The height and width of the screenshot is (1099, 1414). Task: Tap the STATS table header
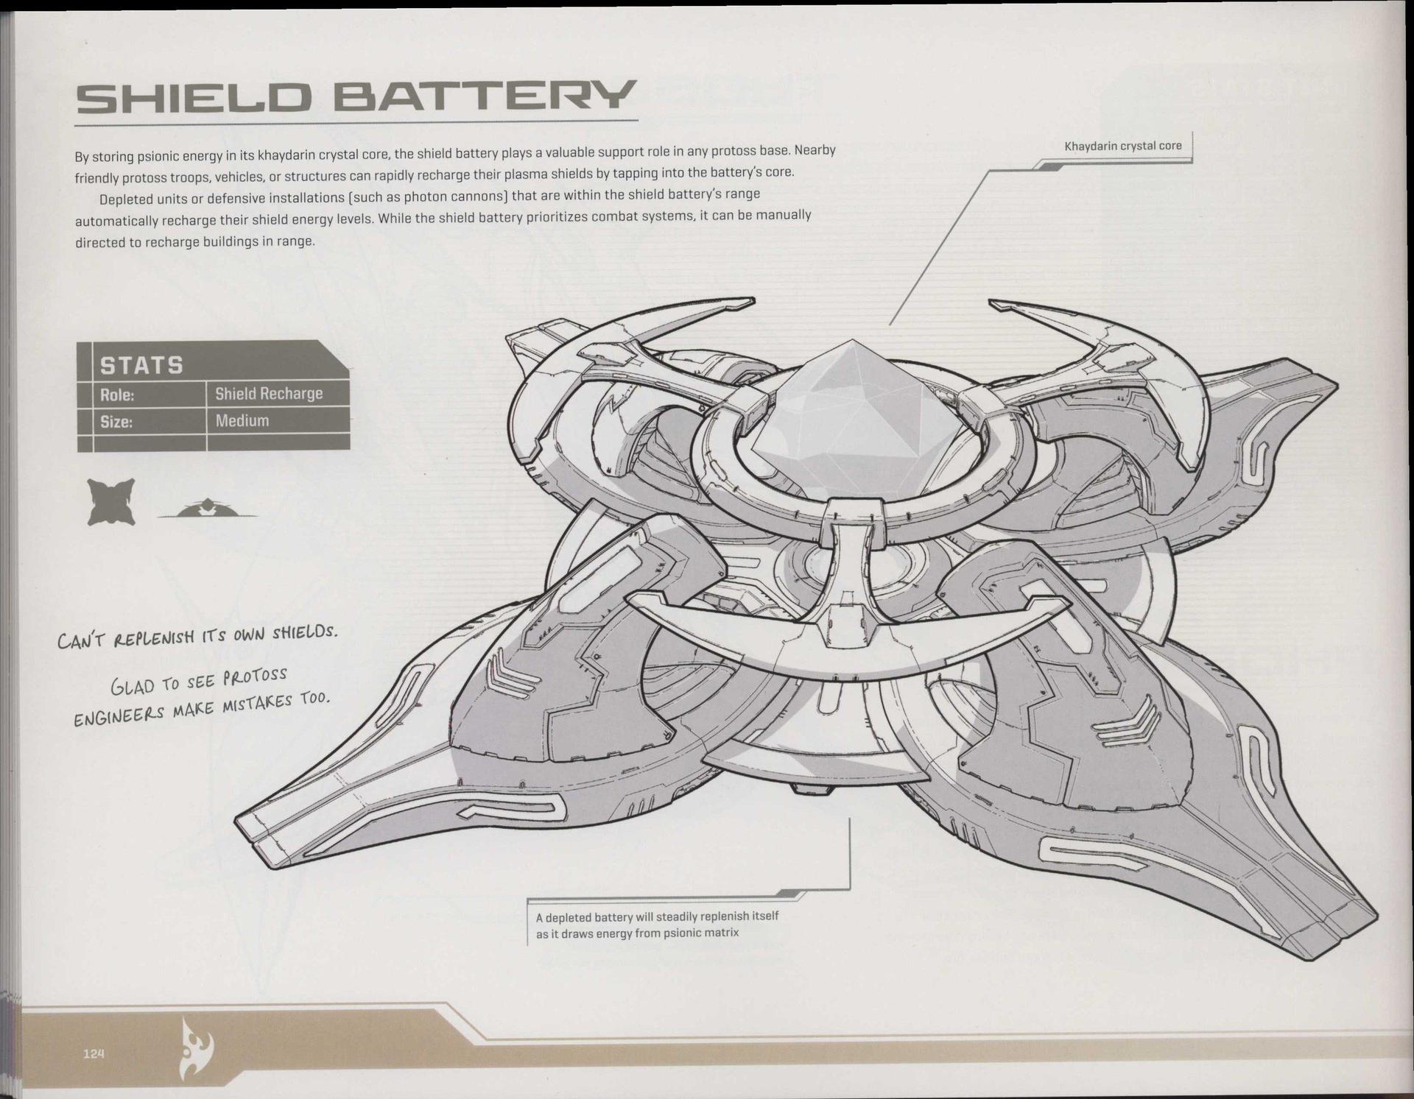[141, 365]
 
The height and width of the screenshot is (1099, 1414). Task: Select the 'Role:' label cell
[118, 395]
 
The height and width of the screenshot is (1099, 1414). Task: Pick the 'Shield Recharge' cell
[269, 394]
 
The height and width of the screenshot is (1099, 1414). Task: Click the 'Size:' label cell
[116, 422]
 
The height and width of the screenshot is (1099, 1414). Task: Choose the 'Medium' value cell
[242, 421]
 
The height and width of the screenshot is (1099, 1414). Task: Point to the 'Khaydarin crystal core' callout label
[1122, 146]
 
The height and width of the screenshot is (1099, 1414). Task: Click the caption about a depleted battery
[656, 925]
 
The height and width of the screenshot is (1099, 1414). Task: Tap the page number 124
[94, 1053]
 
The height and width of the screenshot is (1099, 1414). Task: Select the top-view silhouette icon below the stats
[111, 501]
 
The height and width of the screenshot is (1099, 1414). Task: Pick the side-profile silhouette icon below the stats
[208, 509]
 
